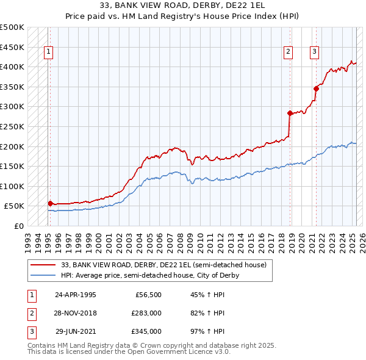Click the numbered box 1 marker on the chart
click(48, 52)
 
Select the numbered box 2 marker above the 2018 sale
click(287, 52)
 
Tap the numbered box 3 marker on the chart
click(314, 52)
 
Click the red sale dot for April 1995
click(50, 203)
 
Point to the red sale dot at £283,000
click(290, 113)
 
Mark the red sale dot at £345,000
click(317, 88)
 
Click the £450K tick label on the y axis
click(12, 47)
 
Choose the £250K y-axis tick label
click(12, 126)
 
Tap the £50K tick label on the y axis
click(14, 206)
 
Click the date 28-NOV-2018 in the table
click(76, 313)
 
